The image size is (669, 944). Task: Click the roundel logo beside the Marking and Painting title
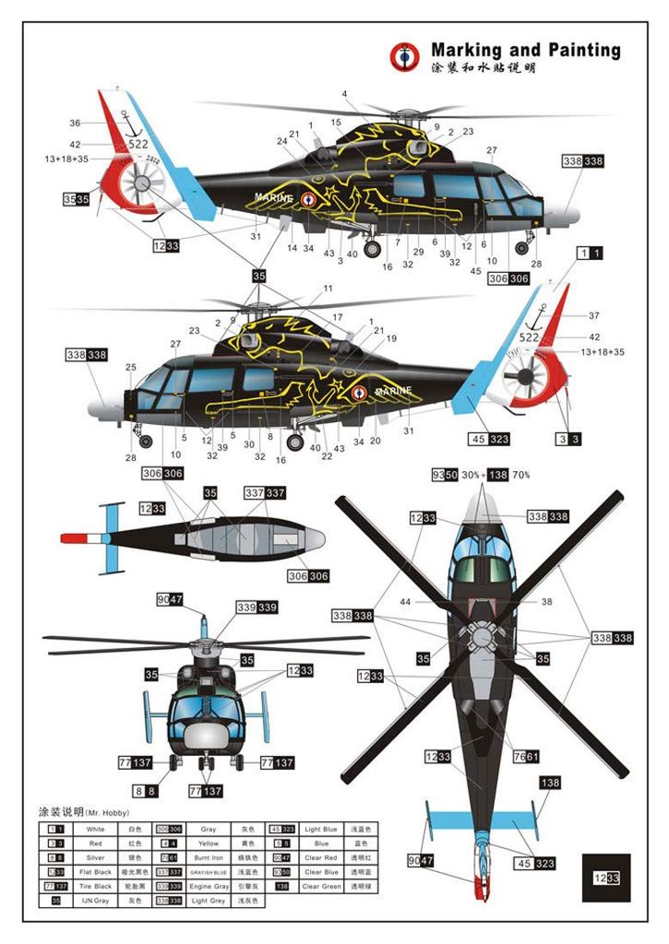click(x=404, y=57)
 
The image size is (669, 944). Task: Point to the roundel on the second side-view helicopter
click(x=360, y=392)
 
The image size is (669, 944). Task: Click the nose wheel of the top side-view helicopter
click(x=522, y=246)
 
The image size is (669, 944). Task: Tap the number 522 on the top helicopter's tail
click(x=137, y=145)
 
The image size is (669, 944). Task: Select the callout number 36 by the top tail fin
click(x=75, y=123)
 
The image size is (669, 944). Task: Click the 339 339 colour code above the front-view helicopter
click(x=258, y=608)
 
